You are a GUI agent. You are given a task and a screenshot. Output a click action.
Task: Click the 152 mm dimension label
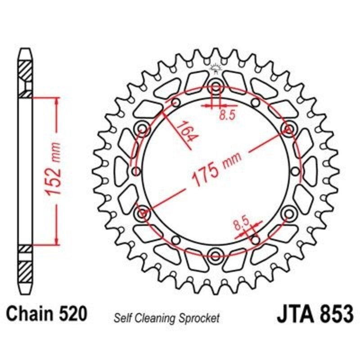tap(53, 169)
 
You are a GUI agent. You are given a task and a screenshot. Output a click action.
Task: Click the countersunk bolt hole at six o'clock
tap(216, 256)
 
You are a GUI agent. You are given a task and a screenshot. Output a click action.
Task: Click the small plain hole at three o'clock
tap(295, 171)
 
